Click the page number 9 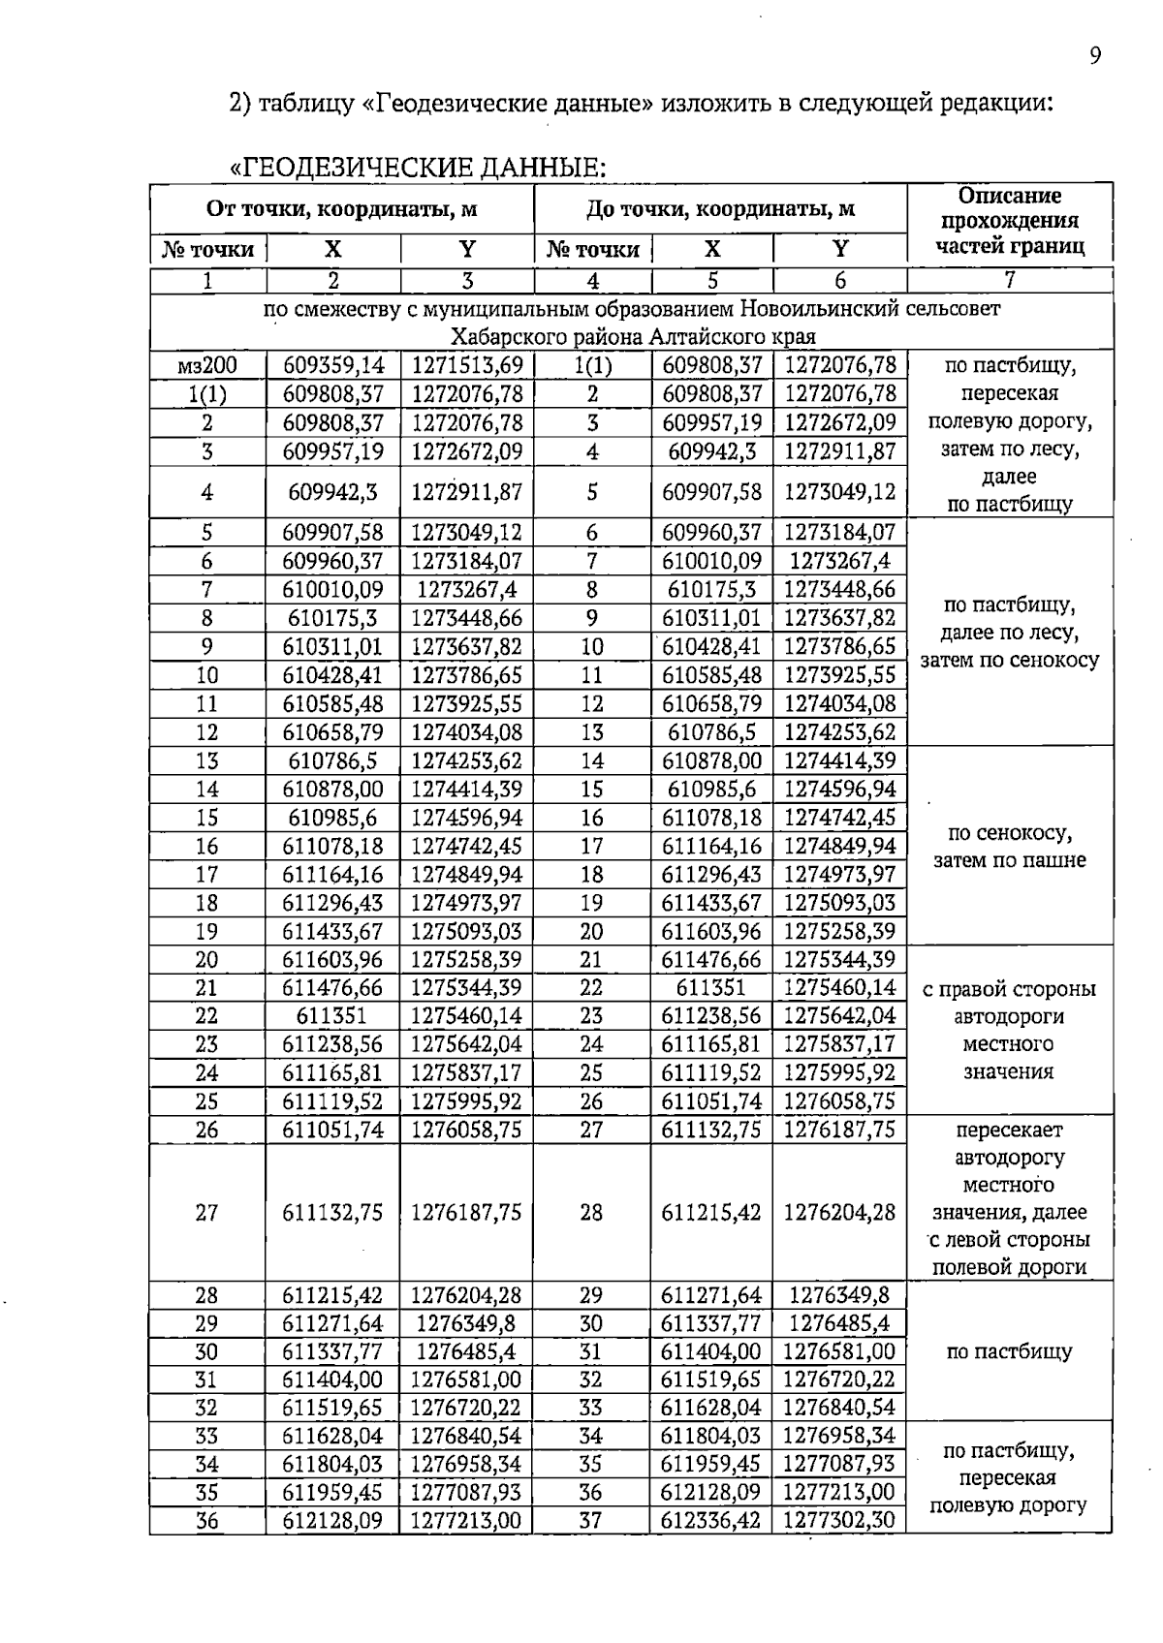[x=1094, y=56]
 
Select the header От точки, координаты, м [x=341, y=209]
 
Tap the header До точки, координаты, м [x=720, y=209]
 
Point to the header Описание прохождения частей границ [x=1009, y=221]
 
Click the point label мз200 [x=207, y=366]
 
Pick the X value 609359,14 [x=333, y=366]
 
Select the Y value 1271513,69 [x=467, y=366]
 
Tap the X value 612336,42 [x=710, y=1521]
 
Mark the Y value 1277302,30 [x=839, y=1521]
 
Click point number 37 [x=591, y=1521]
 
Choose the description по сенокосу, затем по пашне [x=1009, y=847]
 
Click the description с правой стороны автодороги [x=1009, y=1004]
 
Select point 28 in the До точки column [x=591, y=1213]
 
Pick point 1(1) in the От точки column [x=207, y=394]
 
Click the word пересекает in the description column [x=1009, y=1131]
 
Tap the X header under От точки [x=333, y=249]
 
